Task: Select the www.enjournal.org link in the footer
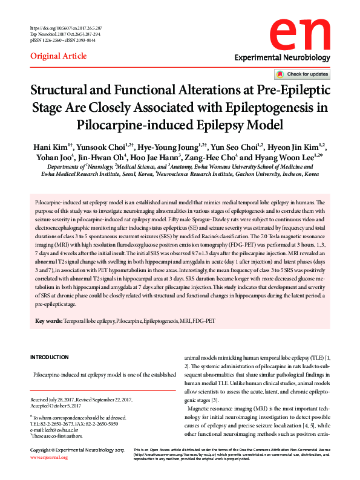tap(49, 475)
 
